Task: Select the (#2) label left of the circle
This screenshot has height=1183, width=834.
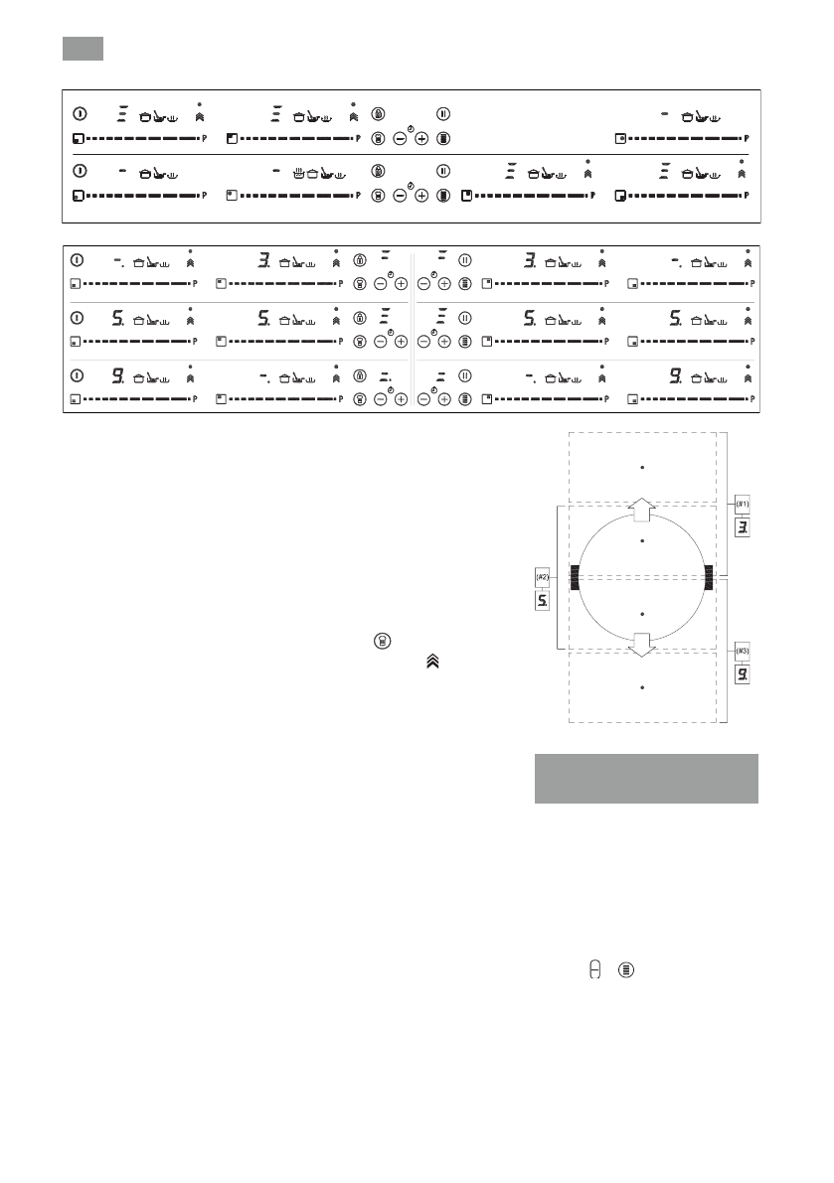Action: (543, 577)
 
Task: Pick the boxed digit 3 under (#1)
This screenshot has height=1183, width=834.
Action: (743, 527)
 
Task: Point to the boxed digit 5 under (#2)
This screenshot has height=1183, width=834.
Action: (543, 601)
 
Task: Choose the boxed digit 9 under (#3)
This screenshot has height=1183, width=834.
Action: (743, 674)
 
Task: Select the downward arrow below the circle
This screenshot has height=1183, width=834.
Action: (642, 644)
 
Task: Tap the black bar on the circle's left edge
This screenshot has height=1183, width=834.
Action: (575, 577)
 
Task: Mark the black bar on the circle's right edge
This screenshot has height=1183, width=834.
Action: (709, 577)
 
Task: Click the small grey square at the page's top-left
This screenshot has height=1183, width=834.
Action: (83, 48)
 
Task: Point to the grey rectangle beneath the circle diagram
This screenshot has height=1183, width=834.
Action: (646, 778)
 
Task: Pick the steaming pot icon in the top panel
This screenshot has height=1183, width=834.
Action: (297, 173)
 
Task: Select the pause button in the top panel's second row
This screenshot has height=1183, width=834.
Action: (444, 171)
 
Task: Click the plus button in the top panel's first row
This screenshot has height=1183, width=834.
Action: (421, 139)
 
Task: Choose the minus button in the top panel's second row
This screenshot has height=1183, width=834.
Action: (400, 196)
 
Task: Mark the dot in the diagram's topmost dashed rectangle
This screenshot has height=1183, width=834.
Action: (643, 466)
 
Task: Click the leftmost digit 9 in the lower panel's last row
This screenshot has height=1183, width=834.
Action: (117, 376)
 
